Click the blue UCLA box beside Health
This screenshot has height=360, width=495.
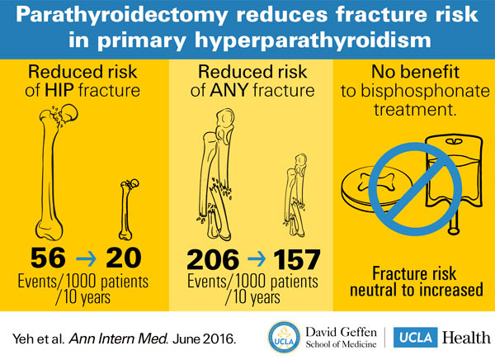tap(415, 337)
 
